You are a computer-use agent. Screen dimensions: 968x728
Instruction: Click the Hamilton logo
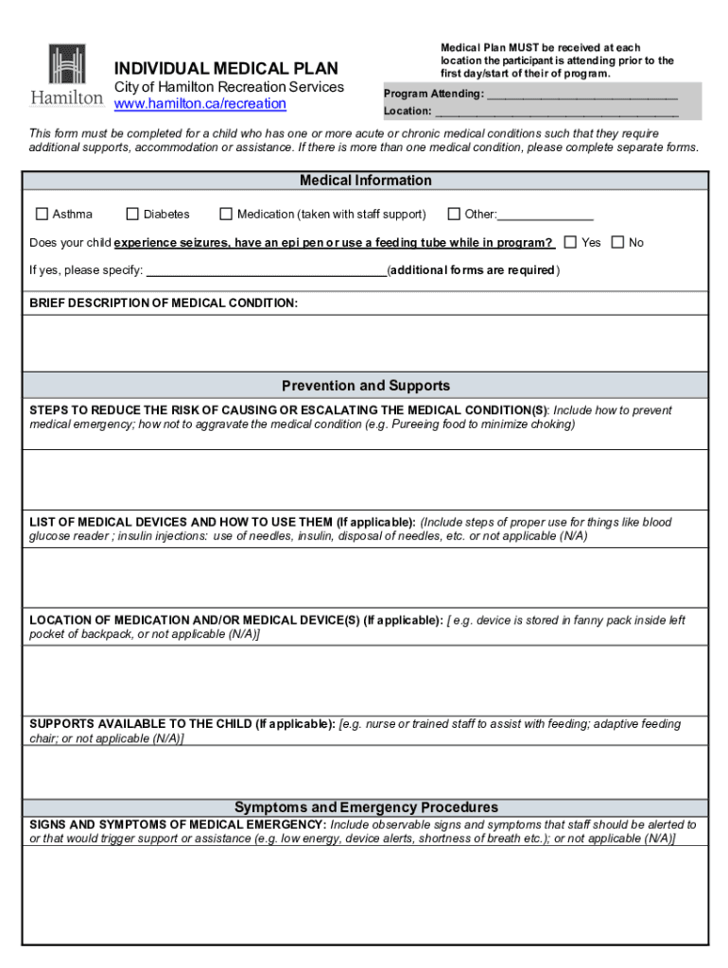[66, 75]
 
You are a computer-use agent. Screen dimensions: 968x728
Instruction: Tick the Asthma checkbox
[42, 214]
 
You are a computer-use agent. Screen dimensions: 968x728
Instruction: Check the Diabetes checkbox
[132, 214]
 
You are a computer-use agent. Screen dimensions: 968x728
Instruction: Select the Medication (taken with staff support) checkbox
[226, 214]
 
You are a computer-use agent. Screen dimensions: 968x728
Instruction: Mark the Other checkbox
[454, 214]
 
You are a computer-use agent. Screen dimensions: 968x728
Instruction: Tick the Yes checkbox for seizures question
[570, 242]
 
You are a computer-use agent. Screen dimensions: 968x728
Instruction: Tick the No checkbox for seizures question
[617, 242]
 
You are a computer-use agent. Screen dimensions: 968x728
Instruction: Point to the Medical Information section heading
[365, 181]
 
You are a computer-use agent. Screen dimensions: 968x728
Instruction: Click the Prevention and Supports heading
[365, 386]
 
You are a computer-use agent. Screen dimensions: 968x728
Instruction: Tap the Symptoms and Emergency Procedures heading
[365, 807]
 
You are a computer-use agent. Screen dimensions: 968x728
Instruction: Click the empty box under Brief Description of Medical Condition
[365, 342]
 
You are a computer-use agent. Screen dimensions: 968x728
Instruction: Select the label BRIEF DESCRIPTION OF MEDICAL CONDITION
[164, 303]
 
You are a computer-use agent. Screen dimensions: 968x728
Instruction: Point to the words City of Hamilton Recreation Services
[229, 87]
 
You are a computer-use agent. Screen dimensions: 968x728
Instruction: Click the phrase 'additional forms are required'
[473, 270]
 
